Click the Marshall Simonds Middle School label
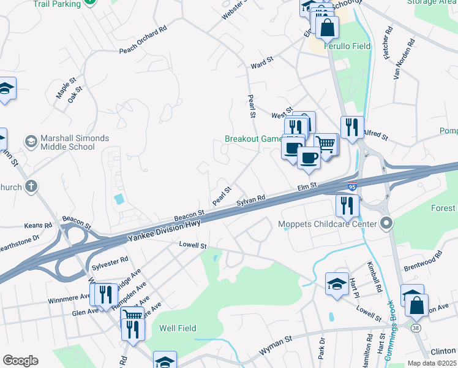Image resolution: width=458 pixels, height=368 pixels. (67, 142)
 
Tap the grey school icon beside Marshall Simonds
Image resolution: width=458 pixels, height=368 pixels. (29, 142)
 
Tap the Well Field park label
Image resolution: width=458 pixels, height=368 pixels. (178, 328)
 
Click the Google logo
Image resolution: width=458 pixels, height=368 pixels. (20, 361)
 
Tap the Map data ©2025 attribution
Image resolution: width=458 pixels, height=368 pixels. (432, 363)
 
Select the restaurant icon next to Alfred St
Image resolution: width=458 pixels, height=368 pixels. (352, 128)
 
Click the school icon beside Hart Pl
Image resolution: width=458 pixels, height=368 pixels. (337, 283)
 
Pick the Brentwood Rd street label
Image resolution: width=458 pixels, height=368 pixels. (422, 265)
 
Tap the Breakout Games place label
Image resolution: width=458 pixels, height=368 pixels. (252, 139)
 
